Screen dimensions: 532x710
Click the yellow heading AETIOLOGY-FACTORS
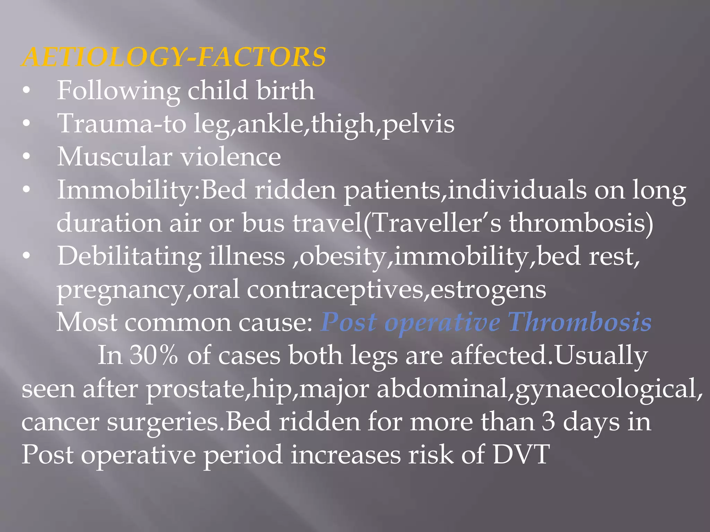(173, 57)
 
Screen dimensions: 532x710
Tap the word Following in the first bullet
(118, 91)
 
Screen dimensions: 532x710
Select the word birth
(285, 90)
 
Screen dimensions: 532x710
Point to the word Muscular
(114, 157)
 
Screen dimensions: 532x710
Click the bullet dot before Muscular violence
(26, 157)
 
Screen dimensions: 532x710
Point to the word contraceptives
(335, 290)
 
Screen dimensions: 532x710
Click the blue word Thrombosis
(580, 322)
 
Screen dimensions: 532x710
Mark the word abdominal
(442, 389)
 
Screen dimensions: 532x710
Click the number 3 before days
(548, 422)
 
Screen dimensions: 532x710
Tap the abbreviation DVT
(521, 454)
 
